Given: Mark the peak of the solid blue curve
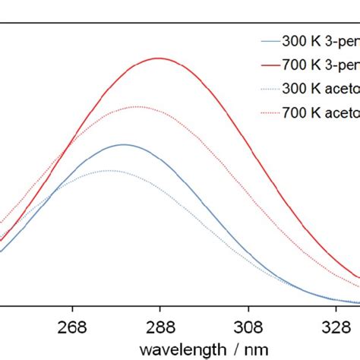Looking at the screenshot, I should pyautogui.click(x=124, y=144).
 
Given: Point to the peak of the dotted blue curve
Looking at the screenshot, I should pyautogui.click(x=109, y=170).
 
